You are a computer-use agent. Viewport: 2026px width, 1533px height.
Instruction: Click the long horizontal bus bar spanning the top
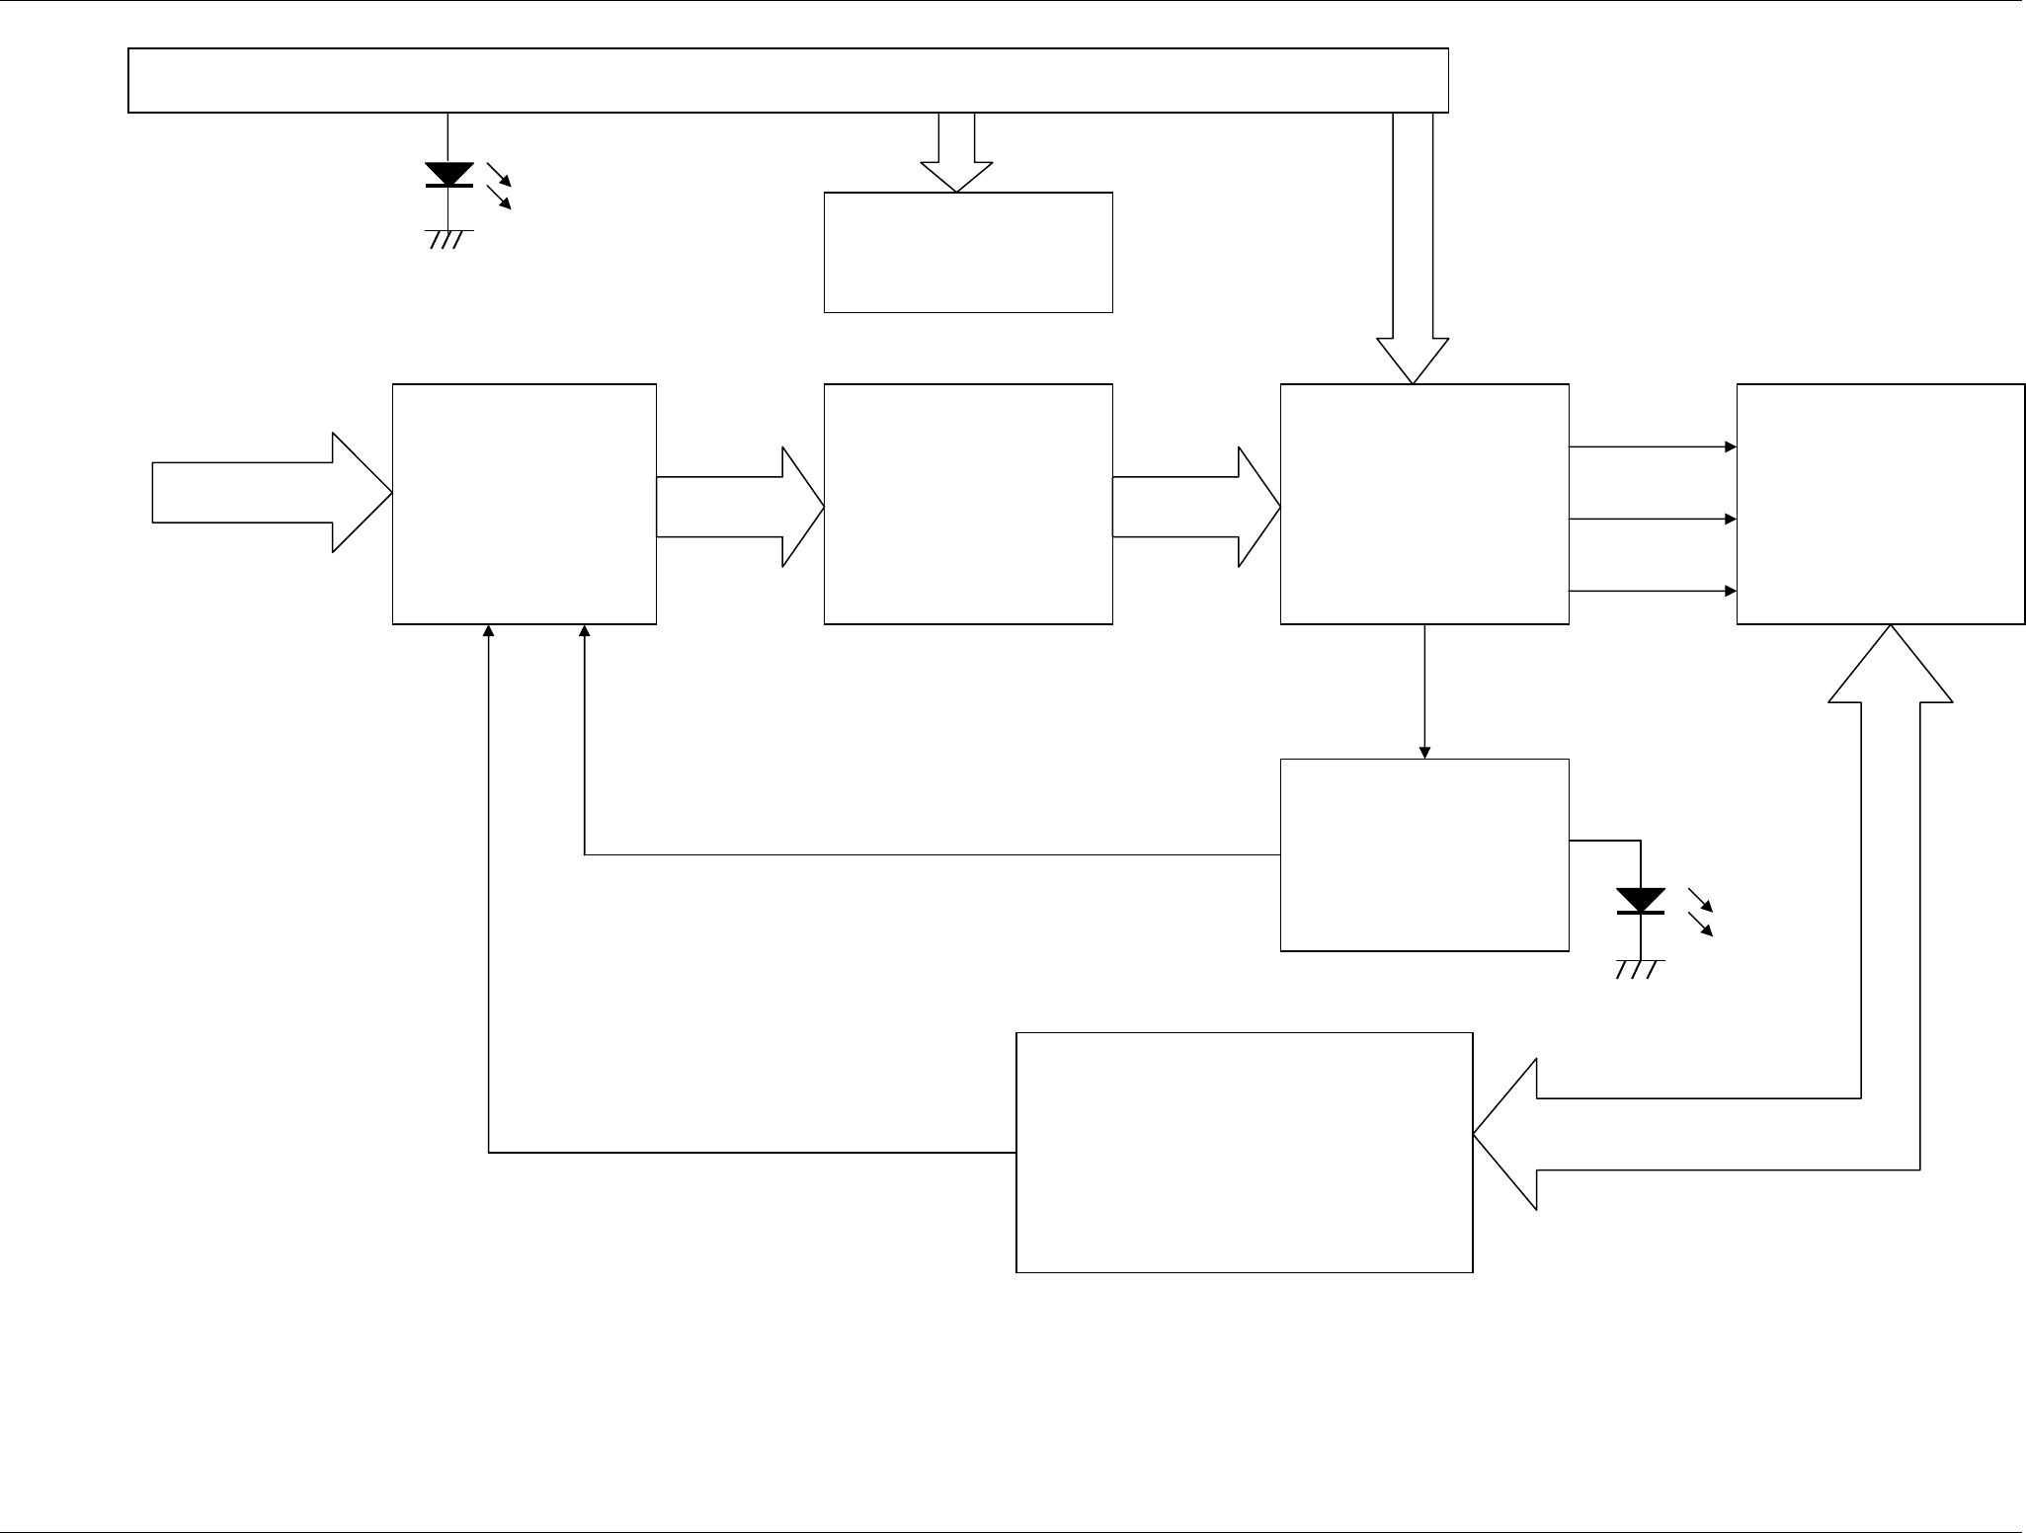pyautogui.click(x=787, y=80)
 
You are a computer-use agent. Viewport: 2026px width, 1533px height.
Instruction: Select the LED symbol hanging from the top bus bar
pyautogui.click(x=448, y=175)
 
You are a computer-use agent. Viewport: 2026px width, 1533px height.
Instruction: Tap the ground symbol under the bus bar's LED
pyautogui.click(x=448, y=237)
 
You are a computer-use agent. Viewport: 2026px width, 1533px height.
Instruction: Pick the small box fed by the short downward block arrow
pyautogui.click(x=968, y=253)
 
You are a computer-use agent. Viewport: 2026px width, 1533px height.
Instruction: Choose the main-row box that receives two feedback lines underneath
pyautogui.click(x=525, y=504)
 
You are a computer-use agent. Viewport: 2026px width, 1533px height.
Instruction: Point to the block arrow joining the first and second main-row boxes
pyautogui.click(x=740, y=507)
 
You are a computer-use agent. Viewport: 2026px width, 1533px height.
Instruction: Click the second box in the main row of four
pyautogui.click(x=968, y=504)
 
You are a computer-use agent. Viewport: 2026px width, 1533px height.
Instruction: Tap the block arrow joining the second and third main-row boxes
pyautogui.click(x=1196, y=507)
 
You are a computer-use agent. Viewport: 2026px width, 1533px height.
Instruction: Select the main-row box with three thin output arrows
pyautogui.click(x=1424, y=504)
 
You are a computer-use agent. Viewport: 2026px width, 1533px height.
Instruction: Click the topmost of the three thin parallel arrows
pyautogui.click(x=1653, y=446)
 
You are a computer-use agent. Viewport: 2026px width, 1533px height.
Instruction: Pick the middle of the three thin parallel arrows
pyautogui.click(x=1653, y=519)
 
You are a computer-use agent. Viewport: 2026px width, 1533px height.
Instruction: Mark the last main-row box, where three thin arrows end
pyautogui.click(x=1881, y=504)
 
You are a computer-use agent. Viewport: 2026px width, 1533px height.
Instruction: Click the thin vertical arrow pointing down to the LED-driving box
pyautogui.click(x=1424, y=691)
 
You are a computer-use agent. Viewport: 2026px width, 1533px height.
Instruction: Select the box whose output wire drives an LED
pyautogui.click(x=1424, y=855)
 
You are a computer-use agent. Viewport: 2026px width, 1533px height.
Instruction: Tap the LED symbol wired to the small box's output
pyautogui.click(x=1641, y=901)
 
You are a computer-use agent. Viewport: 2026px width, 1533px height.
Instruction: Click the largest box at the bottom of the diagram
pyautogui.click(x=1245, y=1153)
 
